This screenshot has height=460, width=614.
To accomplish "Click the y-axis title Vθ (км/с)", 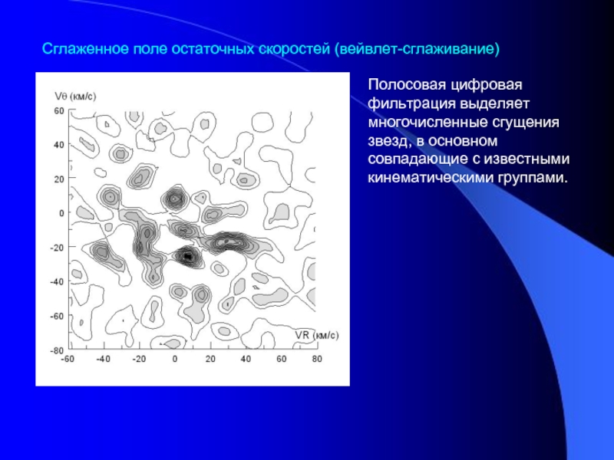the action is pos(75,97).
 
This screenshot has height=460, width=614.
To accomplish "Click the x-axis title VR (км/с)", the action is pos(317,335).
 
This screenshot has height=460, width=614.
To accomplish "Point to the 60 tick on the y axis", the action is pos(59,110).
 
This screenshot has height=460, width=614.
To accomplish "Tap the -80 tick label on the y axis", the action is pos(57,350).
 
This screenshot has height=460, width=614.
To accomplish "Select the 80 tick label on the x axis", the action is pos(317,359).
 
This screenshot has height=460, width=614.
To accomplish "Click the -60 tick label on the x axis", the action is pos(68,359).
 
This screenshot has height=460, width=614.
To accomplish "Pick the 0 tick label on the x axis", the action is pos(175,359).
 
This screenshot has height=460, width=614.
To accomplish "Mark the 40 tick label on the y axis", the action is pos(59,145).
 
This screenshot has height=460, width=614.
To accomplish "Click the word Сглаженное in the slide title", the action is pos(85,49).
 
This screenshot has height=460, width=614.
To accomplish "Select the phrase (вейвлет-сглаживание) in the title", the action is pos(417,49).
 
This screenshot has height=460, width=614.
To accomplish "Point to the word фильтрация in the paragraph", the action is pos(412,103).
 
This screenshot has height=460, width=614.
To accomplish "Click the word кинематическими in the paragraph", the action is pos(431,178).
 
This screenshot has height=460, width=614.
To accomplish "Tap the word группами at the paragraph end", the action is pos(533,179).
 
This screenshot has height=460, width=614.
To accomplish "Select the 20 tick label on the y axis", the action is pos(59,179).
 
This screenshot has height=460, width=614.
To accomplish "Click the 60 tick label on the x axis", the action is pos(281,359).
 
